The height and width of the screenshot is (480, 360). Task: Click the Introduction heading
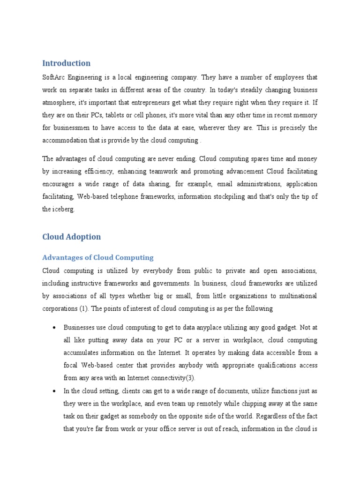coord(66,63)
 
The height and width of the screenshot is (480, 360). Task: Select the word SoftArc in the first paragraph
coord(53,77)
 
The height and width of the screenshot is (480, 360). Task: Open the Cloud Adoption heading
coord(71,237)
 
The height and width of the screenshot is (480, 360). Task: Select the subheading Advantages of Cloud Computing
coord(97,257)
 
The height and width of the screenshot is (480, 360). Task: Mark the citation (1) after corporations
coord(85,308)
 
